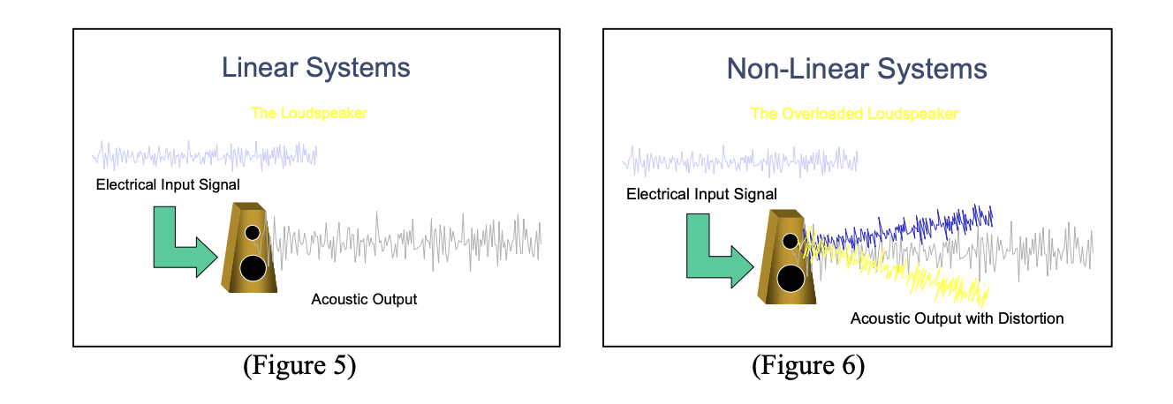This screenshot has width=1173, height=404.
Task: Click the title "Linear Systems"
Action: click(x=315, y=68)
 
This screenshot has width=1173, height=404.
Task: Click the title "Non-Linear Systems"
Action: click(x=857, y=68)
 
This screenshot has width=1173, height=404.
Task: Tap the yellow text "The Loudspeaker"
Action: click(x=308, y=113)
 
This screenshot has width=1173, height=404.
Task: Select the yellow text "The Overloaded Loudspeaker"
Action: click(x=853, y=114)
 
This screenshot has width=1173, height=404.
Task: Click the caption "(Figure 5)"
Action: click(x=299, y=365)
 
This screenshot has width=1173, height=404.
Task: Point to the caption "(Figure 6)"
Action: click(x=807, y=365)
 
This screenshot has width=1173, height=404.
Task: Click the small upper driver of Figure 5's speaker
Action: click(x=253, y=233)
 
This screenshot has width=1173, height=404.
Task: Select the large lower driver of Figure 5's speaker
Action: click(x=254, y=267)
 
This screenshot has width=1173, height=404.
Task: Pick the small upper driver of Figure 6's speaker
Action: click(x=790, y=241)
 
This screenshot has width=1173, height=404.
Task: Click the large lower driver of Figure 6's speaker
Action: click(x=791, y=278)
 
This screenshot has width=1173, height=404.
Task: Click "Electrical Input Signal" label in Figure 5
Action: click(x=168, y=185)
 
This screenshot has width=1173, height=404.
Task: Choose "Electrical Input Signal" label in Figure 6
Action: click(x=701, y=194)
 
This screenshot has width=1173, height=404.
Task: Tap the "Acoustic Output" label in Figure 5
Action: click(x=364, y=299)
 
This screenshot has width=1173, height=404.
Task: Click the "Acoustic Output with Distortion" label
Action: click(x=957, y=318)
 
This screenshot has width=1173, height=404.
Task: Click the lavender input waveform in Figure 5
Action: click(x=204, y=156)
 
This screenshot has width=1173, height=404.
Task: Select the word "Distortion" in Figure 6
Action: click(x=1030, y=318)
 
